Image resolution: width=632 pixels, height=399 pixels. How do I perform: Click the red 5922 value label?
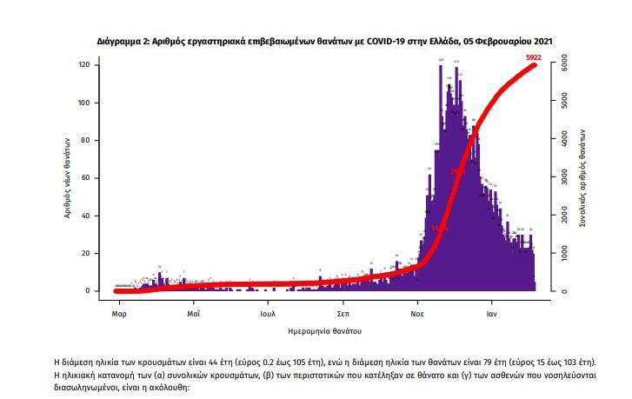535,57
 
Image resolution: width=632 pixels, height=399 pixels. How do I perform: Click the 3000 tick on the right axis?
563,178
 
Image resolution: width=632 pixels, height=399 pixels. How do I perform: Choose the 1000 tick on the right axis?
563,253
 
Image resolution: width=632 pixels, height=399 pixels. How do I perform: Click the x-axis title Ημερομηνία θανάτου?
324,331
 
